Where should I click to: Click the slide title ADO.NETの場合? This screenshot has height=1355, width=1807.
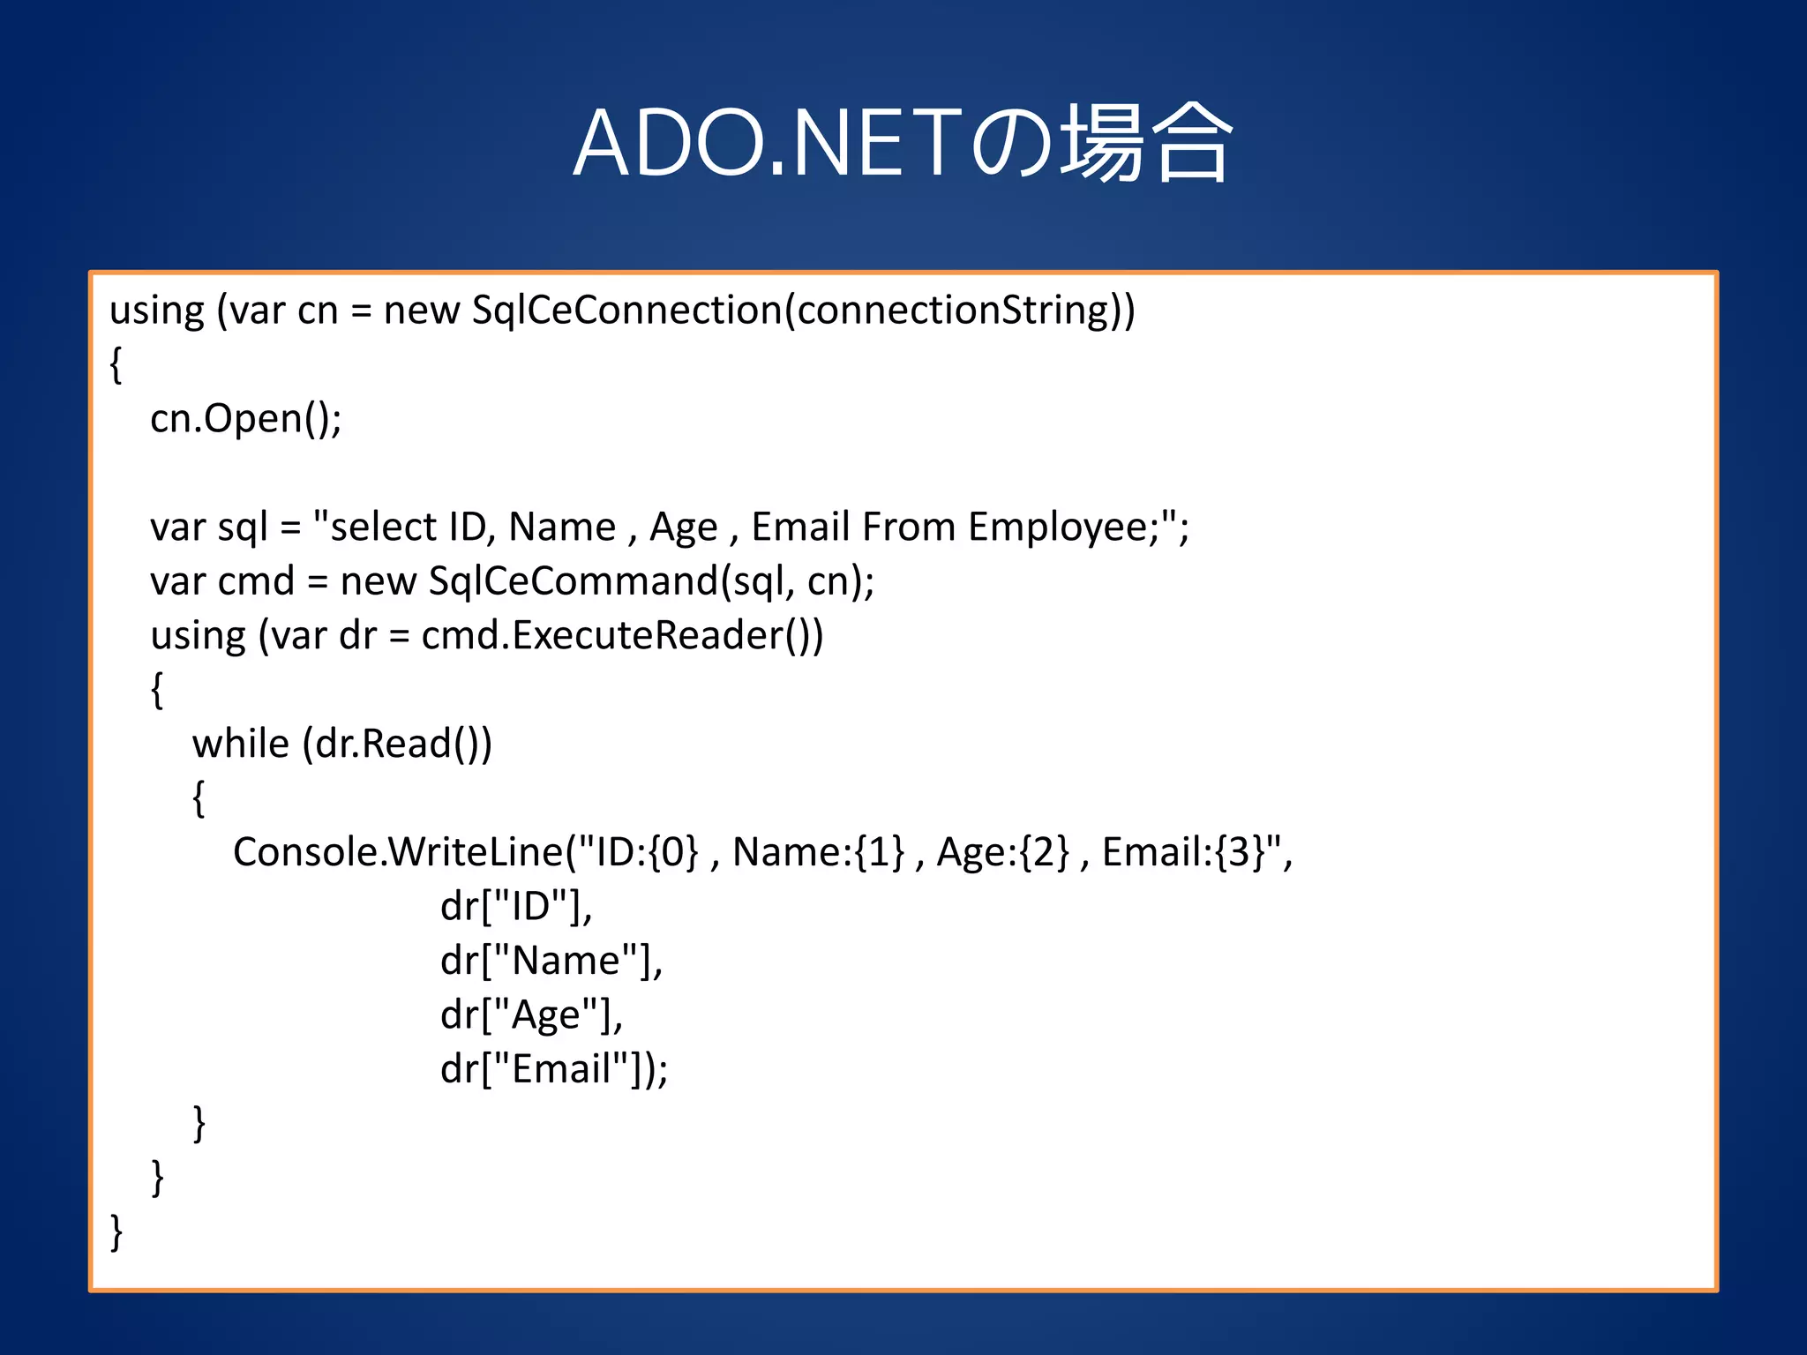(902, 143)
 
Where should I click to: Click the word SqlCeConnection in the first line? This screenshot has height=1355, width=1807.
(627, 311)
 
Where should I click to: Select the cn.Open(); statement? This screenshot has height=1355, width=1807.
(245, 418)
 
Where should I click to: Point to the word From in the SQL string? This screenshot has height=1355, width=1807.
(909, 527)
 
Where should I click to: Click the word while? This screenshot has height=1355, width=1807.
(240, 744)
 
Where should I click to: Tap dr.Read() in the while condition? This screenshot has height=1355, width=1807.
(396, 744)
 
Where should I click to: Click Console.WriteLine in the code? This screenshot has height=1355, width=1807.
(398, 852)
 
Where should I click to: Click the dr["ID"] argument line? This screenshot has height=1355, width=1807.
(515, 907)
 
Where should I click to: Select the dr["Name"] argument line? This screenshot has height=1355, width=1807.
(551, 961)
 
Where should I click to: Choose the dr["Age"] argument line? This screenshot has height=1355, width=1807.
(531, 1015)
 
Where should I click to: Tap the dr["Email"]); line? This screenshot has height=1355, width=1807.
(553, 1069)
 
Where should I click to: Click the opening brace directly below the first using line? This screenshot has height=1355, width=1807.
(116, 364)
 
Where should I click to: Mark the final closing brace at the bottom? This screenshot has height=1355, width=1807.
(116, 1231)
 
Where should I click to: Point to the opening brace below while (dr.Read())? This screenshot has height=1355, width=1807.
(199, 798)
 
